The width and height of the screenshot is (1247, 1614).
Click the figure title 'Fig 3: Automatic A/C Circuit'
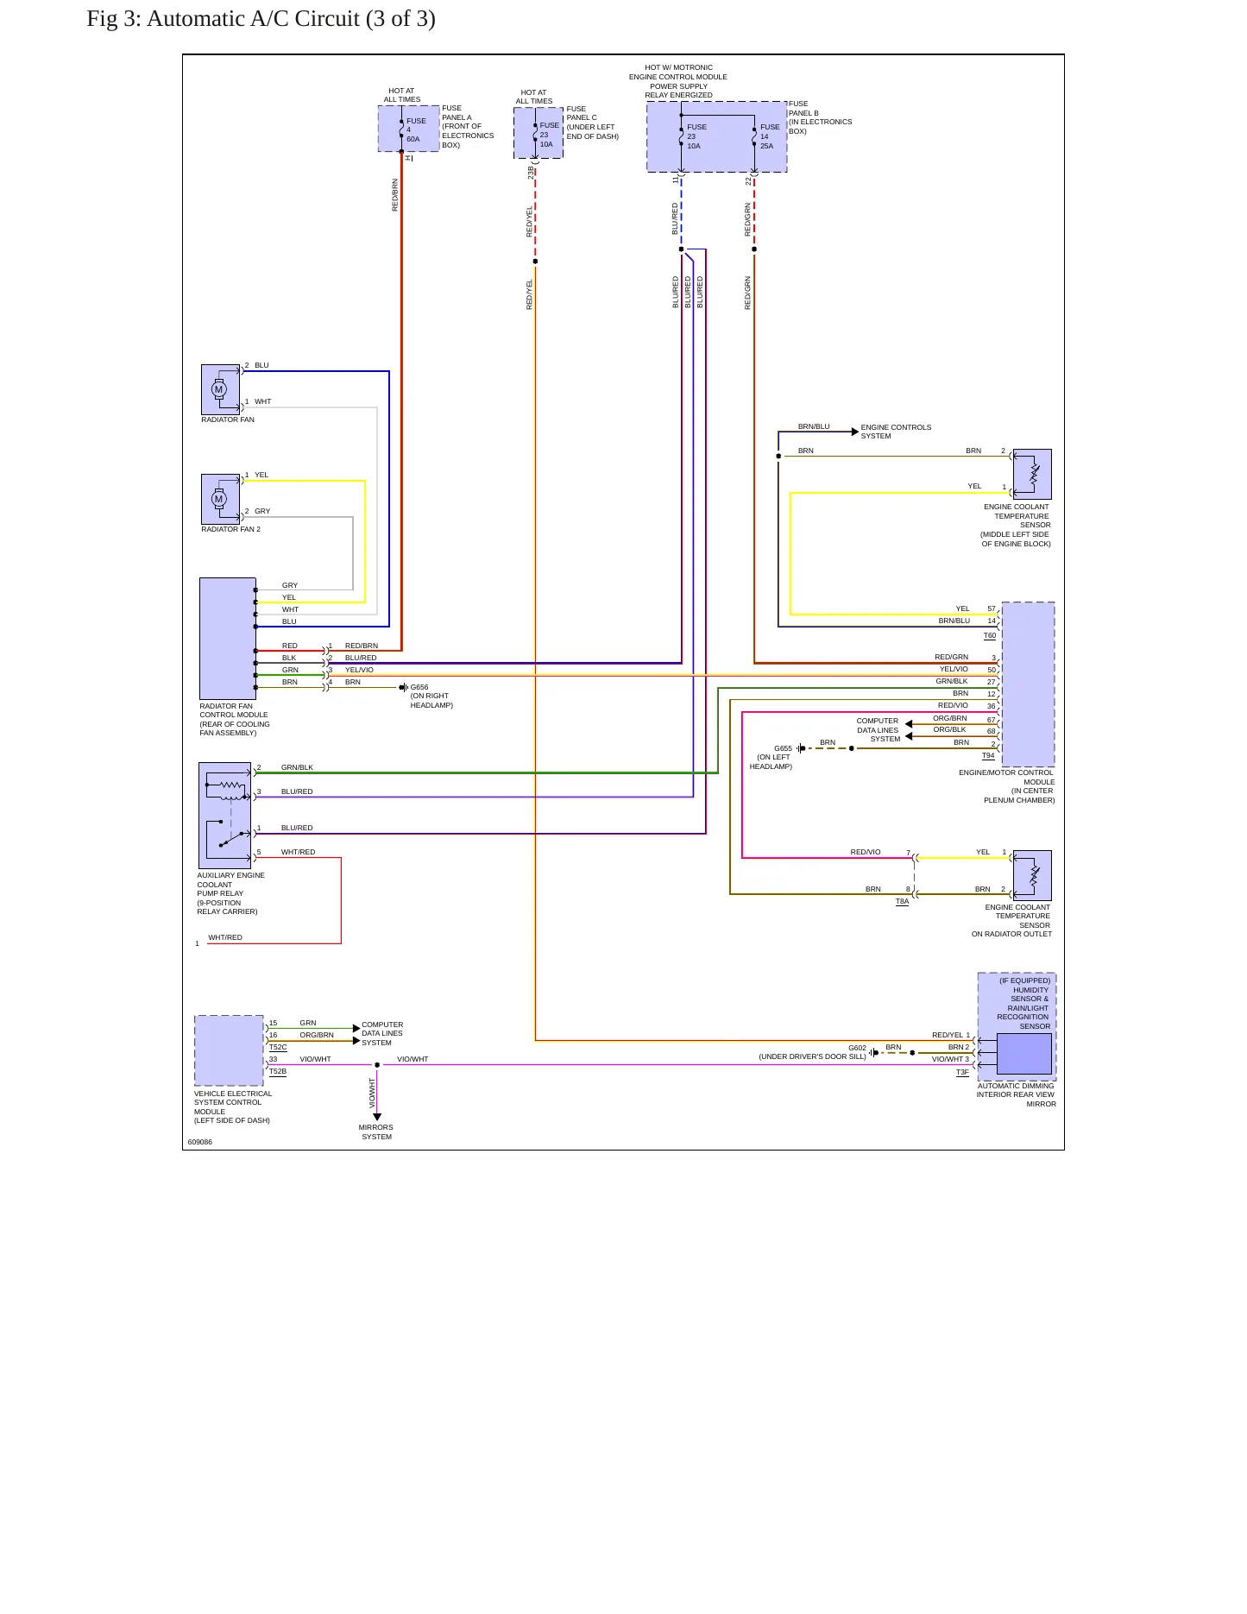pyautogui.click(x=224, y=19)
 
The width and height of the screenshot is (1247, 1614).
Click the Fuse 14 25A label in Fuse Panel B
pyautogui.click(x=770, y=136)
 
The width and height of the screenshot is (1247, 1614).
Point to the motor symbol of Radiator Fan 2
pyautogui.click(x=218, y=499)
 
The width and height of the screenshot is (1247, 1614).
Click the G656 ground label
pyautogui.click(x=419, y=687)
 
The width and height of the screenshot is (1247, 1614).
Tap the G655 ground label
pyautogui.click(x=783, y=748)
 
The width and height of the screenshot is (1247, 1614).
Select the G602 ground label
pyautogui.click(x=857, y=1048)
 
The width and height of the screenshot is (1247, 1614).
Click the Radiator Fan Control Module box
pyautogui.click(x=228, y=639)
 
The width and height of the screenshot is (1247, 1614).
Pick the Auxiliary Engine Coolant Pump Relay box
pyautogui.click(x=224, y=816)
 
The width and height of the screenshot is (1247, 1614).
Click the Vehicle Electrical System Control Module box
pyautogui.click(x=229, y=1050)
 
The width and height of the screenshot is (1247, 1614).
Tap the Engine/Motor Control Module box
pyautogui.click(x=1028, y=684)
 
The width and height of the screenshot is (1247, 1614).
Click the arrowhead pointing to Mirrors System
pyautogui.click(x=377, y=1118)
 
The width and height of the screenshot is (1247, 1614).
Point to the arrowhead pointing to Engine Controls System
pyautogui.click(x=855, y=432)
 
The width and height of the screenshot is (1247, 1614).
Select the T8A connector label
pyautogui.click(x=902, y=901)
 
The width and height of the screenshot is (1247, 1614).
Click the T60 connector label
pyautogui.click(x=990, y=636)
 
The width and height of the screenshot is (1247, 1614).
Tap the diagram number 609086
pyautogui.click(x=200, y=1142)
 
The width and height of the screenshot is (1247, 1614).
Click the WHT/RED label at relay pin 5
pyautogui.click(x=299, y=852)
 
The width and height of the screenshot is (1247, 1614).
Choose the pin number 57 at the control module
pyautogui.click(x=992, y=608)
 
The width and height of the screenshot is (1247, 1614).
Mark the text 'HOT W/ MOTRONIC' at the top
pyautogui.click(x=678, y=67)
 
